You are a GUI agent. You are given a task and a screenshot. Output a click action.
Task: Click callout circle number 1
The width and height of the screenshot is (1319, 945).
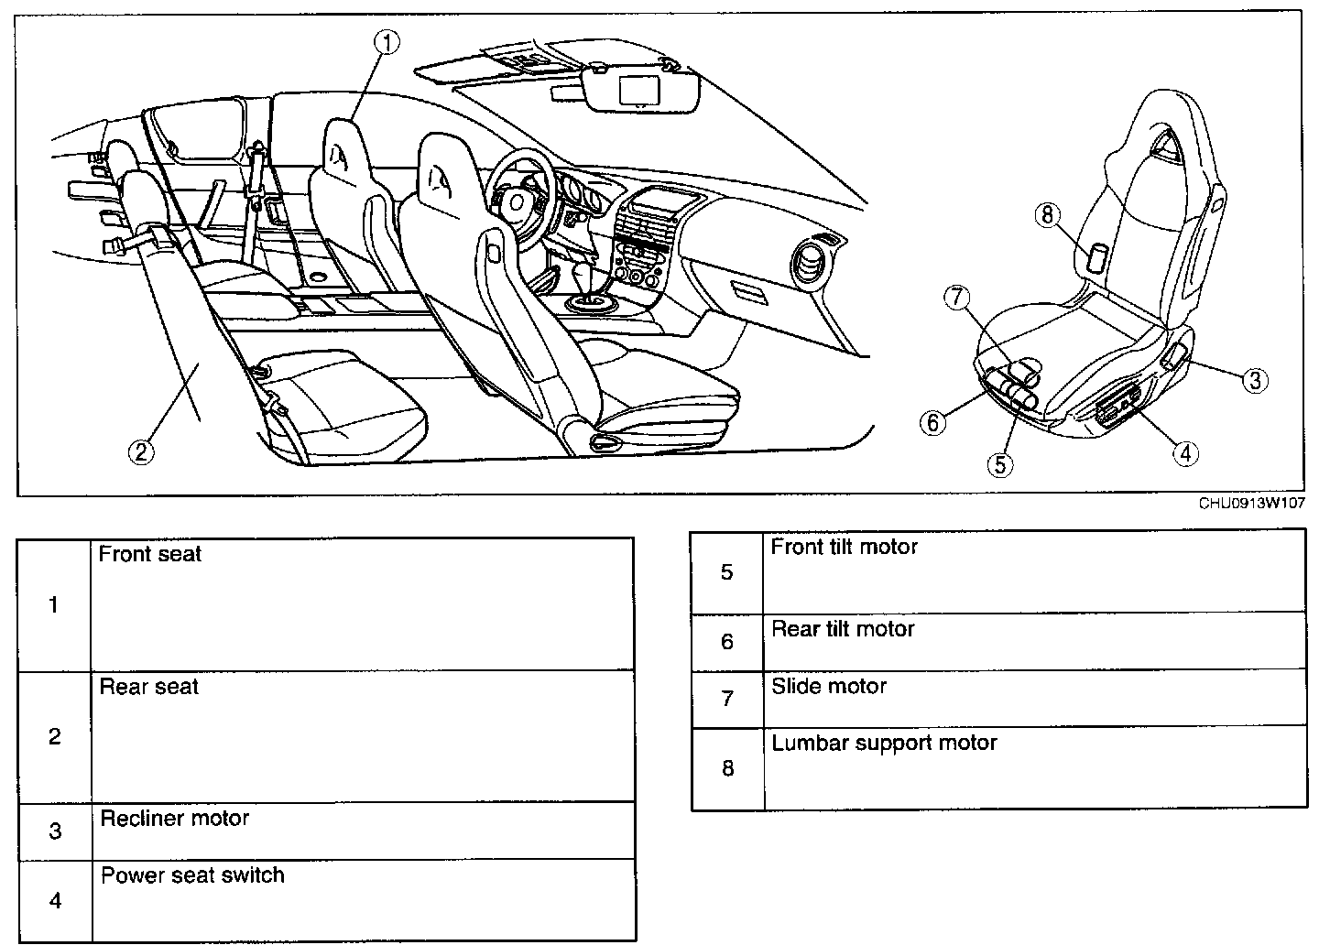[388, 43]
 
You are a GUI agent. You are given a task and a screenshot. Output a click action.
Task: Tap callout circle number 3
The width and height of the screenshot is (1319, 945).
[1255, 379]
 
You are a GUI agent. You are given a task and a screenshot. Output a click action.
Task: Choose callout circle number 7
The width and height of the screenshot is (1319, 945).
[955, 298]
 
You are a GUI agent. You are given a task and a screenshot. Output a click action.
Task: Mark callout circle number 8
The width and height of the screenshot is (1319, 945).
[1048, 215]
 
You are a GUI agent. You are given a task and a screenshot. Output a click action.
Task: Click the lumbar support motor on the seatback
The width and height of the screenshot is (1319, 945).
[1098, 257]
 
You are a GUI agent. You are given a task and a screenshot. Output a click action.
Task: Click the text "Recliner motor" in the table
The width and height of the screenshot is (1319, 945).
[174, 818]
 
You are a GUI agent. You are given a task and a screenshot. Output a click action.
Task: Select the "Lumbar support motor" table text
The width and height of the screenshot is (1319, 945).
[884, 743]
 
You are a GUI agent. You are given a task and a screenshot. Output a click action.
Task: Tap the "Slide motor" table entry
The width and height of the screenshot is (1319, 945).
[829, 686]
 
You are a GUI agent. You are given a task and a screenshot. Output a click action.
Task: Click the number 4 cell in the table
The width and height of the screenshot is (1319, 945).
[55, 900]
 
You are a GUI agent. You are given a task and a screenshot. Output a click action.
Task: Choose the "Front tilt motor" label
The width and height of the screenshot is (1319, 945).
[844, 547]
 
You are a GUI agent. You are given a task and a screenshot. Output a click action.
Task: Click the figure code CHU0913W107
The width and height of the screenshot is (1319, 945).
[1252, 503]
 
